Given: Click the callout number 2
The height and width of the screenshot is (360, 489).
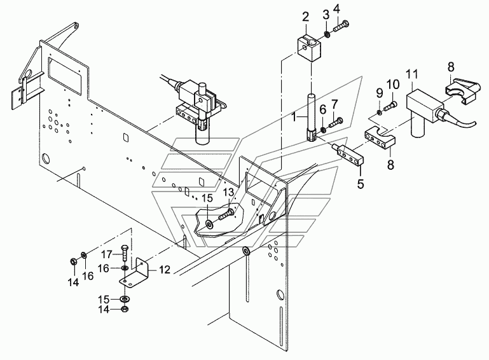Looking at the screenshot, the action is coord(305,17).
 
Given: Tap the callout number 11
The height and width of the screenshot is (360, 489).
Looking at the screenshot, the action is coord(411,75).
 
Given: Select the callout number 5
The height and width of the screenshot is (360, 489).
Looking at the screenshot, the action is coord(361,184).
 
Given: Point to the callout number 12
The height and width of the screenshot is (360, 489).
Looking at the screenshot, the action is coord(165,269).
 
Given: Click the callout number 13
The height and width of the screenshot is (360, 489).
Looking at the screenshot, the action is coord(228,193).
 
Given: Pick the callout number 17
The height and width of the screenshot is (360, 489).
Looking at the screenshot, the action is coord(106,254).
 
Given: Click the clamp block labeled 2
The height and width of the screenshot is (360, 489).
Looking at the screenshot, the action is coord(307,49).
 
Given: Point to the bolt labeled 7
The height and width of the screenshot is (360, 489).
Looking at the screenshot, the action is coord(335,123).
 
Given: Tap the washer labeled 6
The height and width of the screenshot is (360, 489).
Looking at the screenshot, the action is coord(322,129).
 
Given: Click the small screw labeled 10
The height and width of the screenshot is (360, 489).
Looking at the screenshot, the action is coord(390,106).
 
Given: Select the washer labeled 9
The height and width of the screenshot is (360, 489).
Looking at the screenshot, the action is coord(378,112).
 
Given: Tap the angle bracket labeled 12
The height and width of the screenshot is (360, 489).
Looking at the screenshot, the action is coord(134,272).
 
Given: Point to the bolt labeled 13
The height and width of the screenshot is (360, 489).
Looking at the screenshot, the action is coord(226,215).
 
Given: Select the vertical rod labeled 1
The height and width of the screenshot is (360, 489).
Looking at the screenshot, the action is coord(312,117).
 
